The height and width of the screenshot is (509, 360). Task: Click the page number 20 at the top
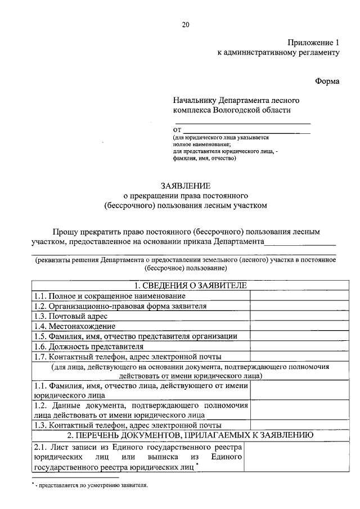(x=186, y=24)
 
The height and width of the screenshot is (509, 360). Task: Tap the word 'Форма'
(x=327, y=82)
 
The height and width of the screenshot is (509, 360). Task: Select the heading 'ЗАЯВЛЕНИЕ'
(x=186, y=186)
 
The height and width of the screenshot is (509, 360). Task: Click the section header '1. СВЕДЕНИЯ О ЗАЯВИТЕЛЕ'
(x=186, y=286)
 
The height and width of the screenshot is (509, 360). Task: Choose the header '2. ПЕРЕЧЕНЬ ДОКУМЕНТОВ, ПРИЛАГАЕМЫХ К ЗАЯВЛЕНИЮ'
(x=186, y=435)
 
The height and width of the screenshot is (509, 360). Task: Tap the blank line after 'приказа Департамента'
(x=300, y=242)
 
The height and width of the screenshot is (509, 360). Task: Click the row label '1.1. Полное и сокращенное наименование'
(x=109, y=296)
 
